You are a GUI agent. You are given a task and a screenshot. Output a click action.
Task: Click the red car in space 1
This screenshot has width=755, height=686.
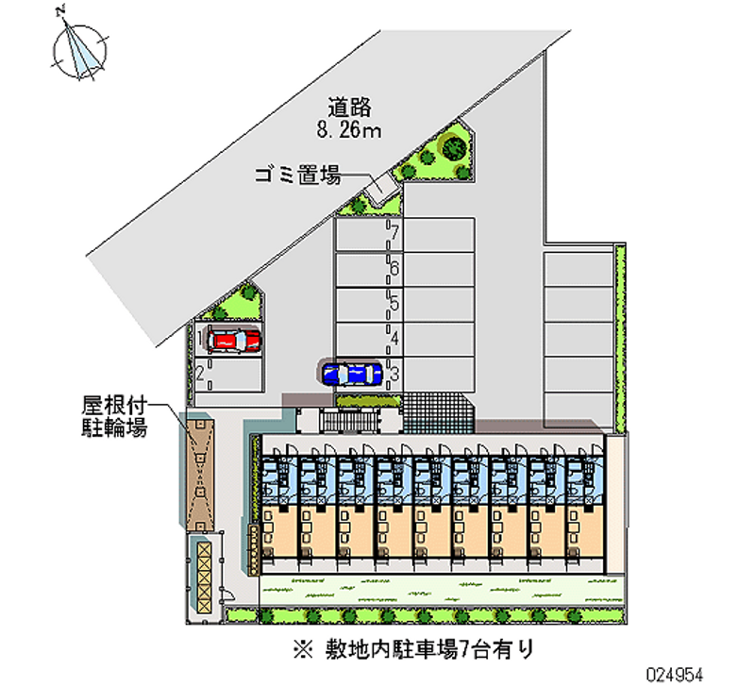pos(233,341)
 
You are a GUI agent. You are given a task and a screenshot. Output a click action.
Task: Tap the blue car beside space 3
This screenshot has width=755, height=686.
pos(352,374)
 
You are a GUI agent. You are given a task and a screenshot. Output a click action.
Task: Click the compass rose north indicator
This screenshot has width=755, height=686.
pos(79,48)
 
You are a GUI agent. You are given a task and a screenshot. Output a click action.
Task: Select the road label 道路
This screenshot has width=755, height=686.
pos(349,108)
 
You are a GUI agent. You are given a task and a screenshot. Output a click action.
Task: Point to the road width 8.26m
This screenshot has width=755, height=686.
pos(349,130)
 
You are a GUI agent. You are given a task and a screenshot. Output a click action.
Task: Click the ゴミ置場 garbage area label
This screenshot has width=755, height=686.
pos(298,175)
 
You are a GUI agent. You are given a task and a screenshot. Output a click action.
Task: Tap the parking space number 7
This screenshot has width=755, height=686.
pos(394,232)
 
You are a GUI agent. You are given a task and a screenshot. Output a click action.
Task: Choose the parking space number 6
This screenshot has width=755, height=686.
pos(394,268)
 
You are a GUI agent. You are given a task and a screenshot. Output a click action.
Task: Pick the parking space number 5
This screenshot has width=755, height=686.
pos(394,303)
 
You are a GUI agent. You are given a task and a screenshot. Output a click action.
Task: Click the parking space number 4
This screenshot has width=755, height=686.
pos(394,339)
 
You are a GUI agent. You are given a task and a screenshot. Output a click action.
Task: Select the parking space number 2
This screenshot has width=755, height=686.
pos(200,373)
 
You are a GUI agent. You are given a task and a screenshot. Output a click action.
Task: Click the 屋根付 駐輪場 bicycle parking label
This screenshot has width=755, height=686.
pos(114,416)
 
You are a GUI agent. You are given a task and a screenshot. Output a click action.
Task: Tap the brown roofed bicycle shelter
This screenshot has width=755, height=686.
pos(200,475)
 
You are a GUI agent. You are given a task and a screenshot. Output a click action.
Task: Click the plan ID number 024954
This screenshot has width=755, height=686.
pos(675,675)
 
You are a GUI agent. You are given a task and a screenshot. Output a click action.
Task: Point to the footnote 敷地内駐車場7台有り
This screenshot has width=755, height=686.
pos(429,649)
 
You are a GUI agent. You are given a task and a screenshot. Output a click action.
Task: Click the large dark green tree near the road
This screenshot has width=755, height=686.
pos(454,147)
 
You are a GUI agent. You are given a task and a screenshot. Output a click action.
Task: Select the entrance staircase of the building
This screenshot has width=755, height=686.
pos(349,421)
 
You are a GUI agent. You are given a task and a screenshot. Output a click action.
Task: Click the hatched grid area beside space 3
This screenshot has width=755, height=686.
pos(438,412)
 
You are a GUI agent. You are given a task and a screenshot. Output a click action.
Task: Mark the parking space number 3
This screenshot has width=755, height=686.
pos(394,374)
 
